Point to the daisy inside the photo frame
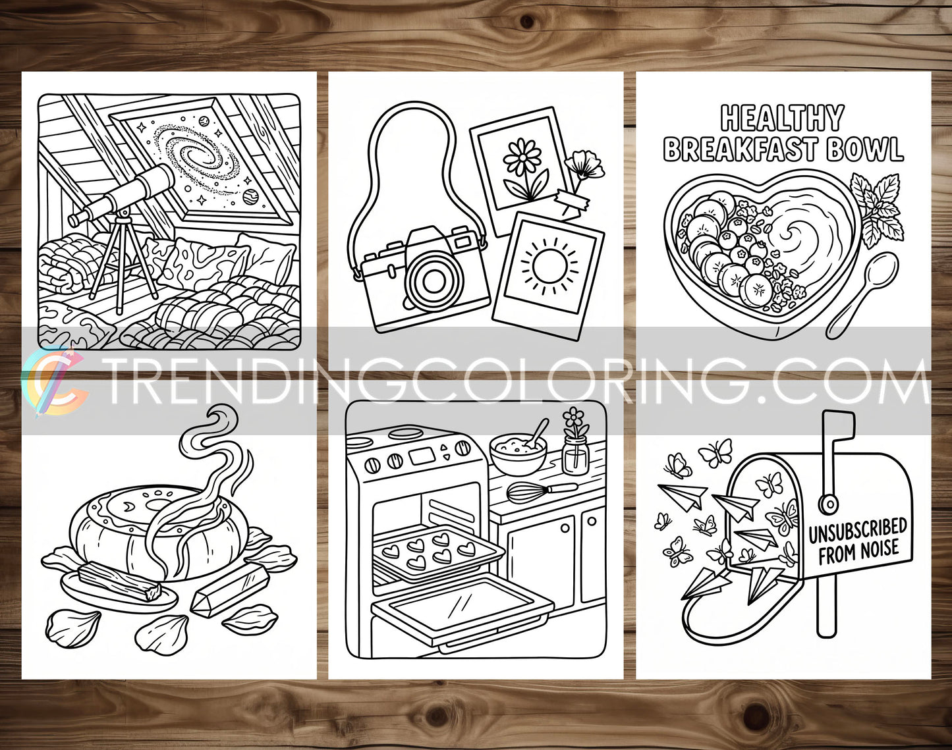(x=522, y=157)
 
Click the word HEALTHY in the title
(x=782, y=119)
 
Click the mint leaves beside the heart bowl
(x=879, y=207)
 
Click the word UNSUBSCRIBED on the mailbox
(x=857, y=529)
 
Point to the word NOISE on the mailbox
(x=876, y=549)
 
